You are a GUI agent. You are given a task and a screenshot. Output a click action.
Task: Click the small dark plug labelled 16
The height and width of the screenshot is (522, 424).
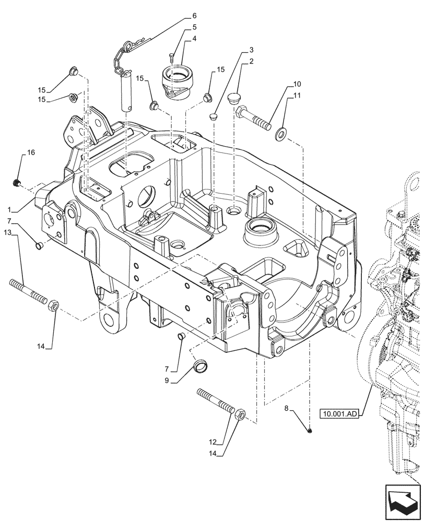(16, 183)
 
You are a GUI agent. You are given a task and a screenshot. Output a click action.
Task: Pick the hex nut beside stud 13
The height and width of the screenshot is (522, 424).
(54, 304)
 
